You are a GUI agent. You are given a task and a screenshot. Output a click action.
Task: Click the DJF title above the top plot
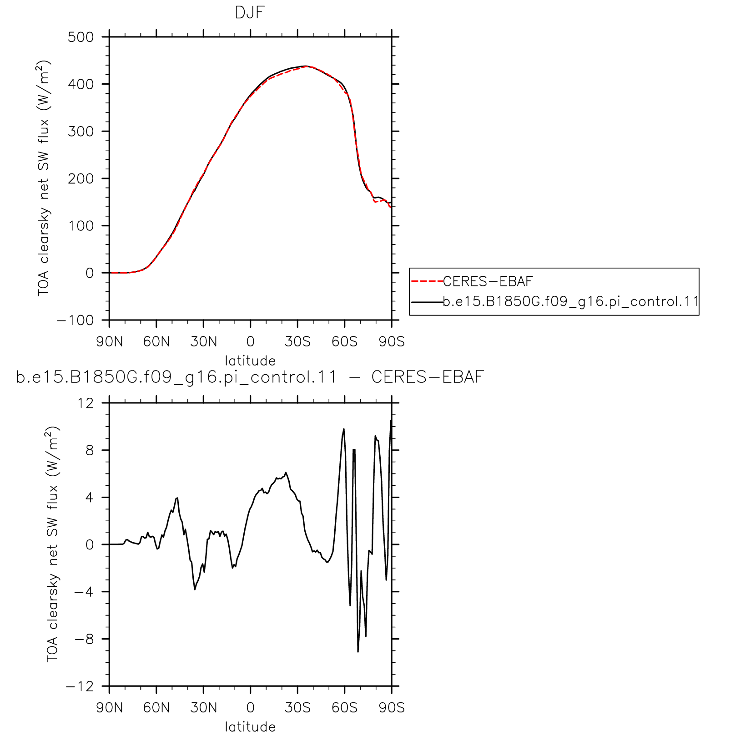250,13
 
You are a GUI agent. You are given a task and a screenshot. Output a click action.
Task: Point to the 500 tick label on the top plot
81,37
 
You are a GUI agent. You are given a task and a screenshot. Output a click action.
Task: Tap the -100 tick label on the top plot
76,320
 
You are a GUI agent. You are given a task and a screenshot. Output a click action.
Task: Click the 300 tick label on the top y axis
81,132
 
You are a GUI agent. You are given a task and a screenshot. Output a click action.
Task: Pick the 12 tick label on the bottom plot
86,403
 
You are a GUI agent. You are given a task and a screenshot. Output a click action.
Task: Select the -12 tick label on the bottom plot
80,686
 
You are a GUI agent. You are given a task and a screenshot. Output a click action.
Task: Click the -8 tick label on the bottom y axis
85,639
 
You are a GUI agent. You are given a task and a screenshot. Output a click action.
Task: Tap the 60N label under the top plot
156,342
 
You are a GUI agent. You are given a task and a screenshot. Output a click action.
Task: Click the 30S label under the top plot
298,342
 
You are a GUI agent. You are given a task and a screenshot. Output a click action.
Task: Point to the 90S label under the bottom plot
392,708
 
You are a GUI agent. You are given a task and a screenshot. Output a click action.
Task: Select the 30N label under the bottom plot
204,708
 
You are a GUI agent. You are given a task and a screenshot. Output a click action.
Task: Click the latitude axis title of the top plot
251,361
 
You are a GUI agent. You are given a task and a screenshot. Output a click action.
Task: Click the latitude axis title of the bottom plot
251,727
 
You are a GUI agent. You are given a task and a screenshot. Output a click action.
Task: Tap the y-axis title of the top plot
44,178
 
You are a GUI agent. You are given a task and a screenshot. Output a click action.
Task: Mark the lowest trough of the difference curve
358,652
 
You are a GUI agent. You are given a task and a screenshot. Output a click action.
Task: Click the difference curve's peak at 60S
344,429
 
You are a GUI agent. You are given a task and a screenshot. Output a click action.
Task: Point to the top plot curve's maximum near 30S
306,66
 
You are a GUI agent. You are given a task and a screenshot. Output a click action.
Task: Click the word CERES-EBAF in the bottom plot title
428,377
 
